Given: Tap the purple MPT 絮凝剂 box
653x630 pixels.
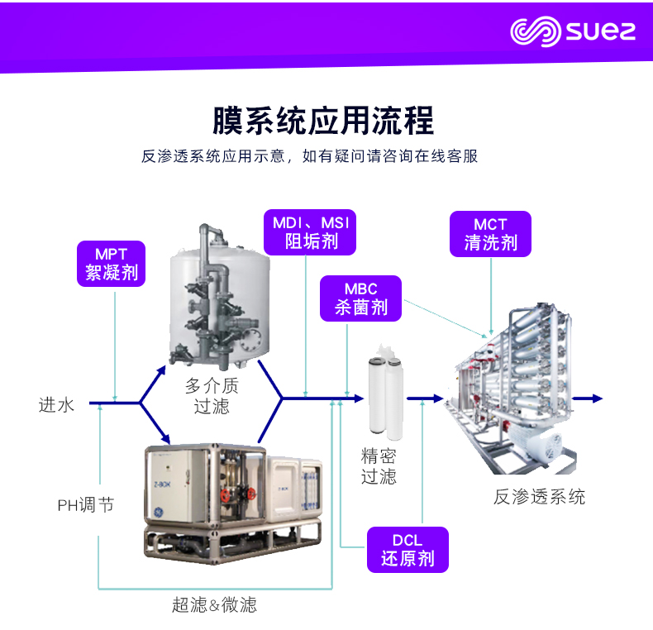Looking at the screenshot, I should coord(111,263).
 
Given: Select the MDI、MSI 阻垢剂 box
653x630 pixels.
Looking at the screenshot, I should coord(311,232).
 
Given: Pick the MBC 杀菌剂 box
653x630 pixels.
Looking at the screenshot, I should coord(361,298).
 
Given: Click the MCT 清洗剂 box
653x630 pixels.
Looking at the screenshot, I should coord(490,233).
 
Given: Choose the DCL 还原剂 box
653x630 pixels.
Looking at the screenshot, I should coord(408,549).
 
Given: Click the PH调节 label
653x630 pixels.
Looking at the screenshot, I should coord(85,504).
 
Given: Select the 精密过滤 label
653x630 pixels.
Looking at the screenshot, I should coord(379,465).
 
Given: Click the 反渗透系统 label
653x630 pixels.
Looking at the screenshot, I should coord(539,497).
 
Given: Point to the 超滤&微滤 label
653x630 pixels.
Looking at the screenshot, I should coord(214,604).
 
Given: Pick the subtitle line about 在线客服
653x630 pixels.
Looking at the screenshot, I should coord(310,156).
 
